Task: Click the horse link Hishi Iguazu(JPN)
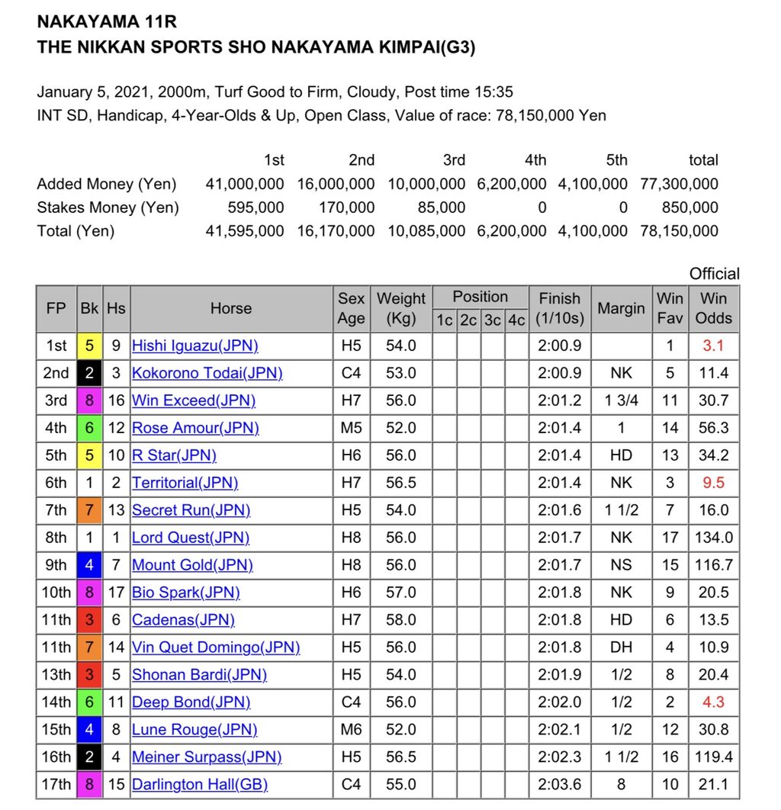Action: [194, 346]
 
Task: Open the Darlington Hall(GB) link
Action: [200, 785]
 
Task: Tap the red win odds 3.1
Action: [713, 346]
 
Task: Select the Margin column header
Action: [621, 308]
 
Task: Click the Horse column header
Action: [230, 308]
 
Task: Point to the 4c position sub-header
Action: [516, 320]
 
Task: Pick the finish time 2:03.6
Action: [559, 785]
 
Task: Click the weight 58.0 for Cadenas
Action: [401, 620]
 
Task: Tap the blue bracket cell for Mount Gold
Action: [89, 565]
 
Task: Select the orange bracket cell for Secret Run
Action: [89, 510]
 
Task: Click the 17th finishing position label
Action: [56, 785]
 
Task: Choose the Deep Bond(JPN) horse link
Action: [191, 702]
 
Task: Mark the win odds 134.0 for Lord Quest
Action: [713, 538]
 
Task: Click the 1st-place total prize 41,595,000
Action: [245, 230]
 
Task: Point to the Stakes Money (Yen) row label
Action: [108, 207]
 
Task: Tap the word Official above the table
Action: [714, 274]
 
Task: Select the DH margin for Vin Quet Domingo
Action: [621, 648]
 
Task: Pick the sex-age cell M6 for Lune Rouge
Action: [351, 730]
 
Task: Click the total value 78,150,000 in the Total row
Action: [679, 230]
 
